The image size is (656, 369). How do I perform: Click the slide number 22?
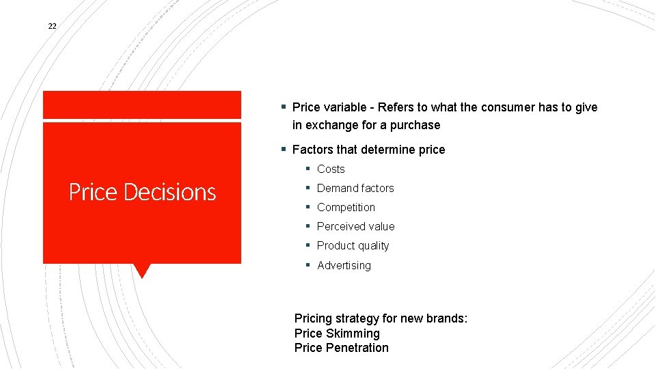tap(52, 26)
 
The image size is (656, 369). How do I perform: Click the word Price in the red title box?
tap(93, 193)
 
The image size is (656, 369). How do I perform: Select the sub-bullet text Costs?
tap(331, 169)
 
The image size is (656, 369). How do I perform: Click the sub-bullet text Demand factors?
tap(355, 189)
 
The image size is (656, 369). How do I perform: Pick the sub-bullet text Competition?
tap(346, 208)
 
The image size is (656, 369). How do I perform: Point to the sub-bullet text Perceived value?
tap(355, 227)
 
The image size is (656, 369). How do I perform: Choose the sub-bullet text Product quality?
tap(353, 246)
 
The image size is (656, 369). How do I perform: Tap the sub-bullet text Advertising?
tap(344, 266)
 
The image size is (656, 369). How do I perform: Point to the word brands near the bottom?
tap(447, 318)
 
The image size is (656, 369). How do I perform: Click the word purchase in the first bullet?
tap(415, 125)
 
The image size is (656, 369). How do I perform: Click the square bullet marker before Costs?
tap(309, 169)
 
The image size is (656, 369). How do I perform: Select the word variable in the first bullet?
tap(346, 107)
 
